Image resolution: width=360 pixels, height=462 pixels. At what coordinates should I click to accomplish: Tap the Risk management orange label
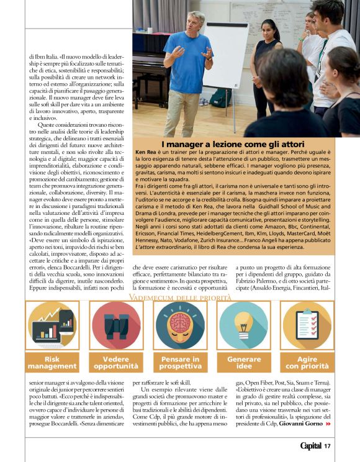[x=52, y=363]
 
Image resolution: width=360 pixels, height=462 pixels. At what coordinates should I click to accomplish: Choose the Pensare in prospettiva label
[x=181, y=363]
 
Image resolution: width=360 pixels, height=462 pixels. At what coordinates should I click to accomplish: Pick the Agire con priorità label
[x=307, y=363]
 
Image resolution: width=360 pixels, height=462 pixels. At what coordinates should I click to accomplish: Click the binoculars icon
[x=115, y=326]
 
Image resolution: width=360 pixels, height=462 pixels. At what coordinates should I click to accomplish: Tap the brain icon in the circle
[x=180, y=325]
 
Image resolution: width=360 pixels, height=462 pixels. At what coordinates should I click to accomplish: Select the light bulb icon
[x=244, y=325]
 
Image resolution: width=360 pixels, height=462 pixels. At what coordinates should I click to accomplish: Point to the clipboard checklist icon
[x=306, y=325]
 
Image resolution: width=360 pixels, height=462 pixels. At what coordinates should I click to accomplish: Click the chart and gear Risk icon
[x=52, y=326]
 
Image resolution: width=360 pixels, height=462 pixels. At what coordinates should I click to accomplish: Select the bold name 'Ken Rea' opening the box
[x=147, y=152]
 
